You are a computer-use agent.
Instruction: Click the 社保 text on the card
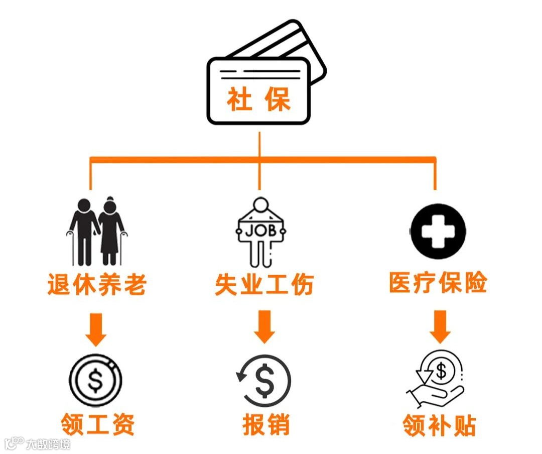tap(259, 100)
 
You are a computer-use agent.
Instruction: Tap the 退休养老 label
tap(97, 284)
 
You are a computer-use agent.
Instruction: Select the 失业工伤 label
tap(264, 284)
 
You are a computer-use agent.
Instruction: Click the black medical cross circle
tap(438, 231)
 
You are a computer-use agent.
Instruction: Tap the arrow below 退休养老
tap(96, 329)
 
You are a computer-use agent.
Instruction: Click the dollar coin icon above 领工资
tap(95, 380)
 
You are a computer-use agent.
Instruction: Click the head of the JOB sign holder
tap(261, 206)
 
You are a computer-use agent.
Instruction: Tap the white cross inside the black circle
tap(438, 231)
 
